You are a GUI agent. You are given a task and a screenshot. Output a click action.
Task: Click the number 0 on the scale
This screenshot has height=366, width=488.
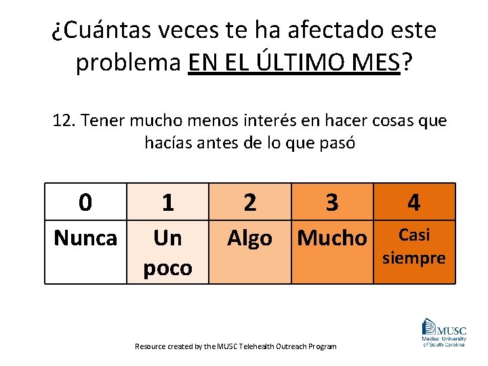pyautogui.click(x=85, y=202)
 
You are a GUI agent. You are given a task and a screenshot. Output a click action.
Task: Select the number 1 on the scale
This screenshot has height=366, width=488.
pyautogui.click(x=167, y=202)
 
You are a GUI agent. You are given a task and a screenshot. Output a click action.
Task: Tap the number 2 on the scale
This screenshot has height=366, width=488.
pyautogui.click(x=250, y=202)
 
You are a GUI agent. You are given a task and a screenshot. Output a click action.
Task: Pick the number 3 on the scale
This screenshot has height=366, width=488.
pyautogui.click(x=331, y=202)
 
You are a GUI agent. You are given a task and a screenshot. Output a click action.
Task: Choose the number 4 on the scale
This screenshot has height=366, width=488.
pyautogui.click(x=413, y=202)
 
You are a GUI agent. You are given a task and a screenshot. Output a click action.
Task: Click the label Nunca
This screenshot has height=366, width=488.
pyautogui.click(x=85, y=238)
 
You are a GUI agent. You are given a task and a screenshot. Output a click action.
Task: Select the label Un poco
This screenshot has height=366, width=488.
pyautogui.click(x=167, y=252)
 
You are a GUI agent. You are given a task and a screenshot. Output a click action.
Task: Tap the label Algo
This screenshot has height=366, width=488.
pyautogui.click(x=249, y=238)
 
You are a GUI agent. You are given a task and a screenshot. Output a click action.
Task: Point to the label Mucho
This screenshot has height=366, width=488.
pyautogui.click(x=332, y=238)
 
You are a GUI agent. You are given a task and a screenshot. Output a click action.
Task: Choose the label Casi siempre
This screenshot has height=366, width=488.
pyautogui.click(x=414, y=246)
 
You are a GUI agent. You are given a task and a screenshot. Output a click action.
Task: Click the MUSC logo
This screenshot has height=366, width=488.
pyautogui.click(x=443, y=332)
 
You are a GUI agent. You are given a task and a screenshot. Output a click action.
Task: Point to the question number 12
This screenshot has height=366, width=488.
pyautogui.click(x=64, y=121)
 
